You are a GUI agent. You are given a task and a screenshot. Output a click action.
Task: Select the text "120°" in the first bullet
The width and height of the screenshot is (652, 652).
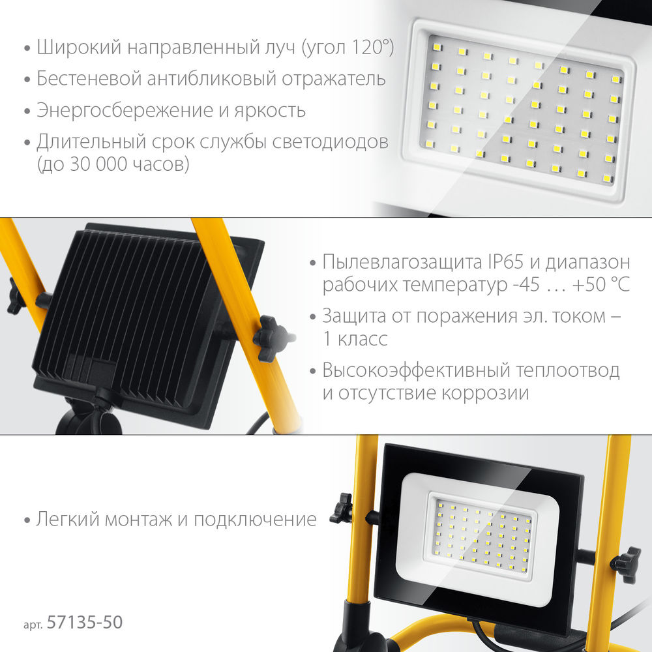coord(369,48)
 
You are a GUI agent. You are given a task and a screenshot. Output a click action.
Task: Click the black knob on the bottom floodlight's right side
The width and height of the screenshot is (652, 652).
coord(625,563)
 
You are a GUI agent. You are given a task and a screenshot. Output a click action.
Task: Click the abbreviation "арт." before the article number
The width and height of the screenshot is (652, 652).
coord(33,624)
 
